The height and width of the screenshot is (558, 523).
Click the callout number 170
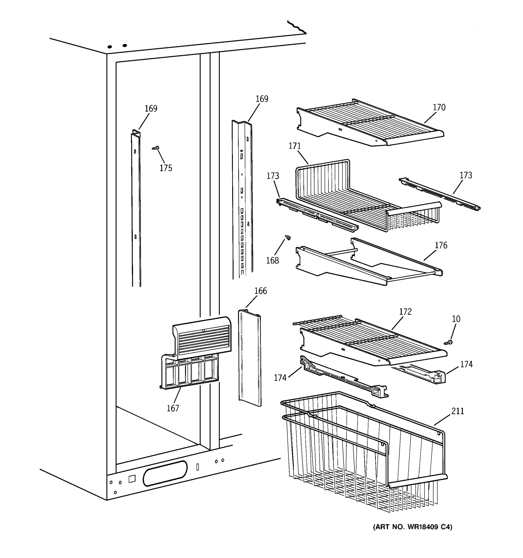click(439, 107)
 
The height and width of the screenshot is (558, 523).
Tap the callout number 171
click(295, 146)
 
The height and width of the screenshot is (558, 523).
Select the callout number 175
click(166, 168)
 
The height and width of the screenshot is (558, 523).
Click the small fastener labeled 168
click(288, 237)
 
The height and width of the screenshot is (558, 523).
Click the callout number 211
click(458, 411)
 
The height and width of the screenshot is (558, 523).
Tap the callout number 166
click(260, 291)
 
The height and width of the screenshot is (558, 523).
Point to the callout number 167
click(173, 408)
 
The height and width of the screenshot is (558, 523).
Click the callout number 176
click(441, 245)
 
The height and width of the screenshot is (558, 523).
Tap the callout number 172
click(405, 312)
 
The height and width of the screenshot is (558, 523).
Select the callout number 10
click(456, 319)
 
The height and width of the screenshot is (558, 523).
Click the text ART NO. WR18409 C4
click(412, 527)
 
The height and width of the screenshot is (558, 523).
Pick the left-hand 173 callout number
click(273, 176)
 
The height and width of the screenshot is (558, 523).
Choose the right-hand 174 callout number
click(466, 364)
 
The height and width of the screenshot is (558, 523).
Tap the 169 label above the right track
click(262, 99)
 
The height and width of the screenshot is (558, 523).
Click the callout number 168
click(272, 260)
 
